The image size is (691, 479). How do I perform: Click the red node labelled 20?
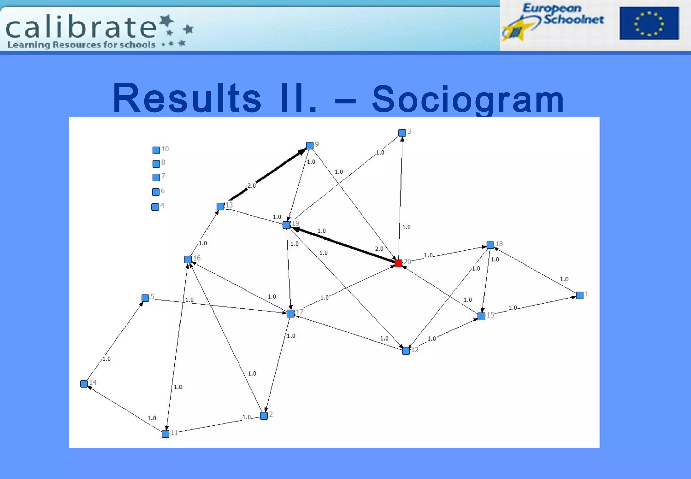(398, 263)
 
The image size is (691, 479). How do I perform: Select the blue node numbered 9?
(310, 146)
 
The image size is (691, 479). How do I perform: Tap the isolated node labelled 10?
(156, 150)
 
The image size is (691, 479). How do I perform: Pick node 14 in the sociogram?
(84, 384)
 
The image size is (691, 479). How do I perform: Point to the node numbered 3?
(402, 133)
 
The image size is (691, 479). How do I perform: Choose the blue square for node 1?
(580, 295)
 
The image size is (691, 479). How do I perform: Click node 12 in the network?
(406, 351)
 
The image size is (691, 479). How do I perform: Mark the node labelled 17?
(291, 313)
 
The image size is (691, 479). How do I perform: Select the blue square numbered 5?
(145, 298)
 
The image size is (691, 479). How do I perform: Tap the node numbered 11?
(165, 434)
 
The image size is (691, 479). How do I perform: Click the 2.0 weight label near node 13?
(252, 186)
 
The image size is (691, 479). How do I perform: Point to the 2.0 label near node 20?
(379, 249)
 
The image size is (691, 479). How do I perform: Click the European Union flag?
(649, 23)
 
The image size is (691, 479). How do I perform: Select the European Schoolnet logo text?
(563, 14)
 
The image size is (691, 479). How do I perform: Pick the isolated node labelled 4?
(155, 207)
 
